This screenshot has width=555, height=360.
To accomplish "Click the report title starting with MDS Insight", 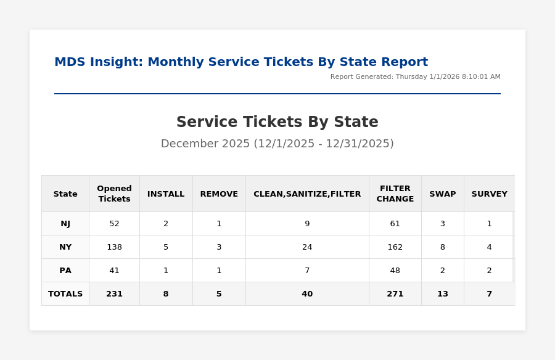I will pyautogui.click(x=240, y=62).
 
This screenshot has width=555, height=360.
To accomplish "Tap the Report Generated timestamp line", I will pyautogui.click(x=415, y=77).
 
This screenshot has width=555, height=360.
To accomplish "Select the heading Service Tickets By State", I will pyautogui.click(x=277, y=122).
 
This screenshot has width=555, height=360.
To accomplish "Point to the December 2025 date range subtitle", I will pyautogui.click(x=277, y=144).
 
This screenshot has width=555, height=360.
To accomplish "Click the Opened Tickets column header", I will pyautogui.click(x=114, y=194).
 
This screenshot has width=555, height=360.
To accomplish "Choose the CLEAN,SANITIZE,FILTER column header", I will pyautogui.click(x=307, y=194).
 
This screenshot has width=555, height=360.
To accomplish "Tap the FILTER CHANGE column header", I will pyautogui.click(x=395, y=194).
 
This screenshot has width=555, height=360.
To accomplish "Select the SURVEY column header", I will pyautogui.click(x=489, y=194).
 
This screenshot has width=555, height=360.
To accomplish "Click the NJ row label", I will pyautogui.click(x=65, y=224).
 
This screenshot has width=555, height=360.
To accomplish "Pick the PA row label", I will pyautogui.click(x=65, y=271).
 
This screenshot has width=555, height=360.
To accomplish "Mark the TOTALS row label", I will pyautogui.click(x=65, y=294).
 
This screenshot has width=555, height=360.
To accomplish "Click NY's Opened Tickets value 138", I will pyautogui.click(x=114, y=247).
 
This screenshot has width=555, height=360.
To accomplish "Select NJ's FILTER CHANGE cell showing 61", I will pyautogui.click(x=395, y=224).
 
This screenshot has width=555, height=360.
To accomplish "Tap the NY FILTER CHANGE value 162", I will pyautogui.click(x=395, y=247).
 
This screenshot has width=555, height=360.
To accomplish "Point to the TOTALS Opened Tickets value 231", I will pyautogui.click(x=114, y=294).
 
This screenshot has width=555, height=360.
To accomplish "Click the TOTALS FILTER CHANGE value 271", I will pyautogui.click(x=395, y=294).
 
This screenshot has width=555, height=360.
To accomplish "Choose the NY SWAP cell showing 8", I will pyautogui.click(x=442, y=247).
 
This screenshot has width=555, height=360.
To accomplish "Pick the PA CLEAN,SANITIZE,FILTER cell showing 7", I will pyautogui.click(x=307, y=271).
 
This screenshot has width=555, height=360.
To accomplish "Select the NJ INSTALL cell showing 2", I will pyautogui.click(x=166, y=224).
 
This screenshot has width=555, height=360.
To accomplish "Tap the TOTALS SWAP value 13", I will pyautogui.click(x=442, y=294).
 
